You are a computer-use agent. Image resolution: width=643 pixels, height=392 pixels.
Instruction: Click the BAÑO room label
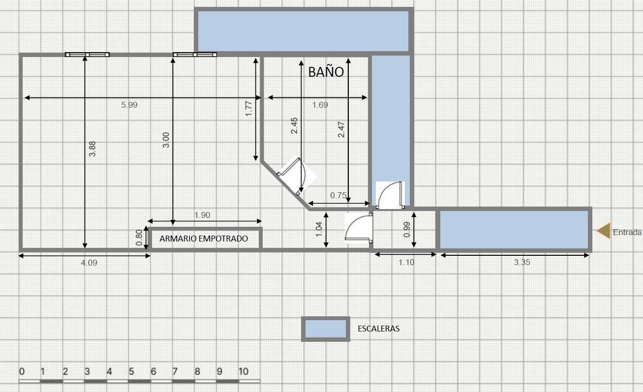click(326, 72)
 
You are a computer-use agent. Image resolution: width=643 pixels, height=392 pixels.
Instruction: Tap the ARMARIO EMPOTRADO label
click(204, 239)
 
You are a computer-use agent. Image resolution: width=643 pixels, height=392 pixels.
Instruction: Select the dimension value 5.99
click(129, 105)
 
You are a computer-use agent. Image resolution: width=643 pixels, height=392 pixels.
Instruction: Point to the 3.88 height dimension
click(92, 149)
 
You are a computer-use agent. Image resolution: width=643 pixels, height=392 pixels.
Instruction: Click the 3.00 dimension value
click(166, 140)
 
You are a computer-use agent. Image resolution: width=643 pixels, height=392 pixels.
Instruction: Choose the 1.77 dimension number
click(248, 109)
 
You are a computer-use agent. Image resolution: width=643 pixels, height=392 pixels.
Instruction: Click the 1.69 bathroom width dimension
click(320, 105)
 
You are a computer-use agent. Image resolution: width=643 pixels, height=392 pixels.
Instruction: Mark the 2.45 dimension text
click(294, 125)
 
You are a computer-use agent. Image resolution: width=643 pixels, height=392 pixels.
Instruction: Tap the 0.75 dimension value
click(338, 195)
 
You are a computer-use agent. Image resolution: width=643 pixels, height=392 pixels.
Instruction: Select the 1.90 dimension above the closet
click(202, 215)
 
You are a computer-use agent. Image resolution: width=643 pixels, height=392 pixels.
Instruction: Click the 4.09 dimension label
click(89, 263)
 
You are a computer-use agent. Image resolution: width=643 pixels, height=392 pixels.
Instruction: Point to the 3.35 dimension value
click(522, 262)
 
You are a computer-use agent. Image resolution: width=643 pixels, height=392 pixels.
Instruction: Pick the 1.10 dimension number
click(406, 262)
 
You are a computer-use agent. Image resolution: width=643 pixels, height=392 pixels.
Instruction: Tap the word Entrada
click(627, 233)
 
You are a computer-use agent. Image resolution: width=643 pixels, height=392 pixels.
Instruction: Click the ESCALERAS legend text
click(379, 329)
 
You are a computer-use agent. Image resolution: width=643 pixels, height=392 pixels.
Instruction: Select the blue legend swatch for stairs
click(326, 329)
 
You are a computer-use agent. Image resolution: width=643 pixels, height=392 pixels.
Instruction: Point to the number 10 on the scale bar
click(243, 372)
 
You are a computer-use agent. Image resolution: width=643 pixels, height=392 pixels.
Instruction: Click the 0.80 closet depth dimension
click(139, 238)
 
